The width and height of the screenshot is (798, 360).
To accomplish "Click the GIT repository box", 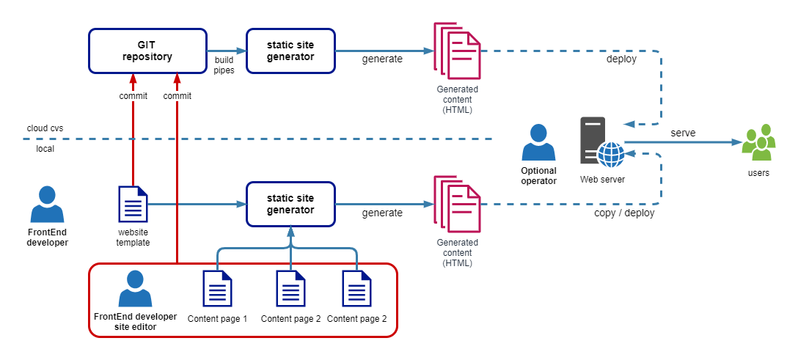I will click(x=147, y=51).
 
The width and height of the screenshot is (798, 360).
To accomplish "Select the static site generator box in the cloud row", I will click(x=290, y=51).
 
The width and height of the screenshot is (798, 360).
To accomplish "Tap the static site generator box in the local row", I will click(x=290, y=204).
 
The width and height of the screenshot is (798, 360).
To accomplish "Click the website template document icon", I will click(x=133, y=204).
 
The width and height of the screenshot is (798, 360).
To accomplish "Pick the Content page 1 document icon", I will click(x=217, y=289).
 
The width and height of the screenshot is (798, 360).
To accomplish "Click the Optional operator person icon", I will click(x=538, y=143).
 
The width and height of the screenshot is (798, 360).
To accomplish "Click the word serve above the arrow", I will click(x=683, y=133).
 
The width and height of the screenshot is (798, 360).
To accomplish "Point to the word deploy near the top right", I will click(x=621, y=59).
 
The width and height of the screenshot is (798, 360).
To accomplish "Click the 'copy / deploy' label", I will click(x=624, y=213).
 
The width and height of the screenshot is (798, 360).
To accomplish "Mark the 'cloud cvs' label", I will click(x=45, y=128).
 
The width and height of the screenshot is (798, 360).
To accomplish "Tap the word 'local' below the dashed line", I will click(x=45, y=148).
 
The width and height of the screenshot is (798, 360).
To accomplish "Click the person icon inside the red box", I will click(x=135, y=289).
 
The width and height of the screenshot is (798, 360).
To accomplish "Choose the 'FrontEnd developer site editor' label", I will click(x=135, y=322).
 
